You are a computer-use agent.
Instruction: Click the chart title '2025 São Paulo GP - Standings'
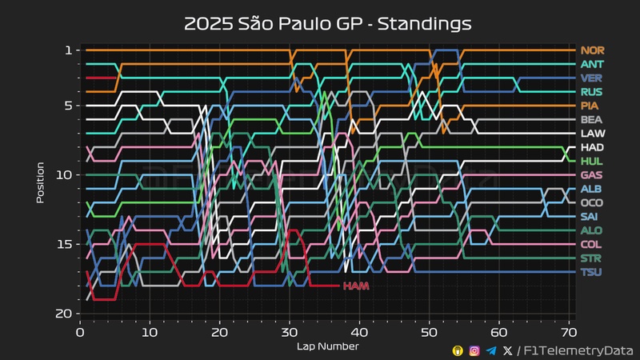328,23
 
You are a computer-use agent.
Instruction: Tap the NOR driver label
592,50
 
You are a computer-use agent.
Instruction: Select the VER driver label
592,78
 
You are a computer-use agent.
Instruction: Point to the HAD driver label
592,148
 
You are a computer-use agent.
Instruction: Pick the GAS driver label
592,175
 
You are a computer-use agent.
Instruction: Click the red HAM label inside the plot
355,286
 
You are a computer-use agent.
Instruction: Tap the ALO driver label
592,230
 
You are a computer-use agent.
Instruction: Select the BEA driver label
592,120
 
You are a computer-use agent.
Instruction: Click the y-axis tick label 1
69,50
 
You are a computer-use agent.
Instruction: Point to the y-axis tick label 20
66,314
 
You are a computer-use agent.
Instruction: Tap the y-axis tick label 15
66,244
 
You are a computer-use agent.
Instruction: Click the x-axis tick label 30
290,331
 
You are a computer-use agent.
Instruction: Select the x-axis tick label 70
569,331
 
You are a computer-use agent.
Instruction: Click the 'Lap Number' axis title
328,346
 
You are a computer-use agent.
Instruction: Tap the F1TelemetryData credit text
578,350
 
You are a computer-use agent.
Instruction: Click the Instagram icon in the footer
474,350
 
